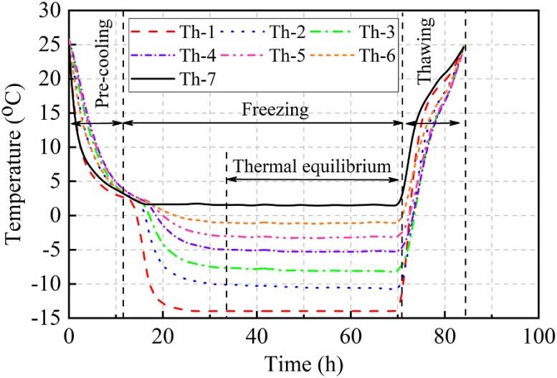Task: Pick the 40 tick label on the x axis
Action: (x=257, y=334)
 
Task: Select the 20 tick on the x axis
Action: (x=163, y=334)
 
